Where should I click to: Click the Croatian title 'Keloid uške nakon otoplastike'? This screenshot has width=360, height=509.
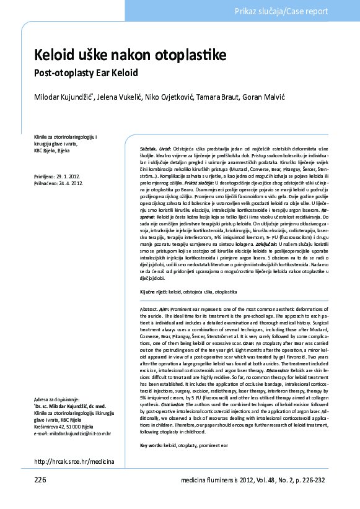130,56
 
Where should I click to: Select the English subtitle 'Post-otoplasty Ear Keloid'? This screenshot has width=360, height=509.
85,72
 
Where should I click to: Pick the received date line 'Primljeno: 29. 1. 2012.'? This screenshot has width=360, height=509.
58,177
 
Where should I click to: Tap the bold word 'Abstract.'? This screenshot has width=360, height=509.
150,308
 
